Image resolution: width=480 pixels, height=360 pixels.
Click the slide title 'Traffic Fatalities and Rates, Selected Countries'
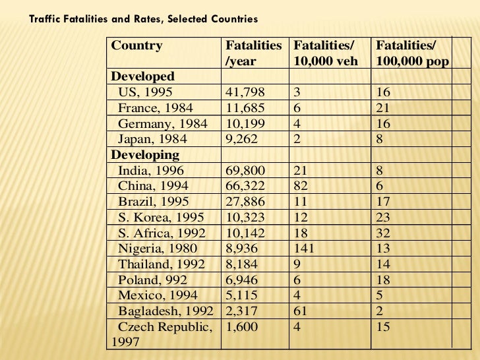tap(144, 19)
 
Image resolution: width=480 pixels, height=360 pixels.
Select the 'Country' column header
tap(137, 45)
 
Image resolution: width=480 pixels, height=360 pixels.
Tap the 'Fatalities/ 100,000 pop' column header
tap(412, 53)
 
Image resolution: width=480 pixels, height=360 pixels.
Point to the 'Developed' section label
tap(143, 76)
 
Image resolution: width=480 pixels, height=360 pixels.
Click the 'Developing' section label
tap(145, 156)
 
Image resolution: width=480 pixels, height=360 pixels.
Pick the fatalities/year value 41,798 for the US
tap(246, 92)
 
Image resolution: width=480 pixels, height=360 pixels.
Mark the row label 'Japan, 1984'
tap(152, 139)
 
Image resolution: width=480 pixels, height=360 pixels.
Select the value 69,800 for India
tap(246, 171)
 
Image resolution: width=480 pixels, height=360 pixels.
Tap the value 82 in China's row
tap(301, 187)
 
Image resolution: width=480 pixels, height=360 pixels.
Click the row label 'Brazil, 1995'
tap(154, 202)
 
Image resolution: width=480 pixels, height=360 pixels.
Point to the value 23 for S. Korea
tap(382, 218)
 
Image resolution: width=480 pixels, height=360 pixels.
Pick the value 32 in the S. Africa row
tap(382, 233)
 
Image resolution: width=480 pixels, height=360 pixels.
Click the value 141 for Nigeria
tap(304, 249)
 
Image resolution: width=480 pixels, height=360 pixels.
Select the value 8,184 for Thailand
tap(243, 264)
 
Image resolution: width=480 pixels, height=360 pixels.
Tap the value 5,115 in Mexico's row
tap(243, 295)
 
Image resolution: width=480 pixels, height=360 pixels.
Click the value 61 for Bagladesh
tap(301, 311)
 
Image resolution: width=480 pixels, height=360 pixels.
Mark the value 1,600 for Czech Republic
tap(242, 327)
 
